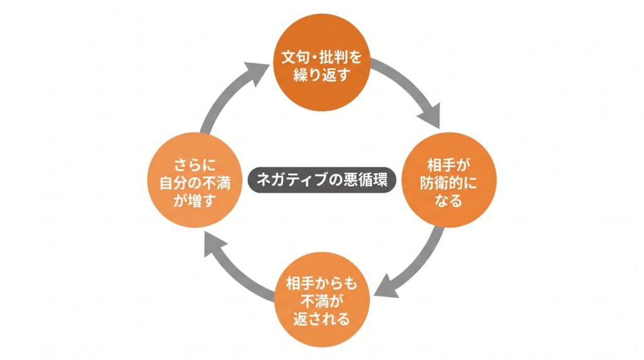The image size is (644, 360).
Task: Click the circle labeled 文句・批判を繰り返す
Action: coord(321,66)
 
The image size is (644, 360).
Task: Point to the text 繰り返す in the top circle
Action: coord(321,76)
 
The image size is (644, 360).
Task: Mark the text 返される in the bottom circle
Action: coord(321,317)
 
